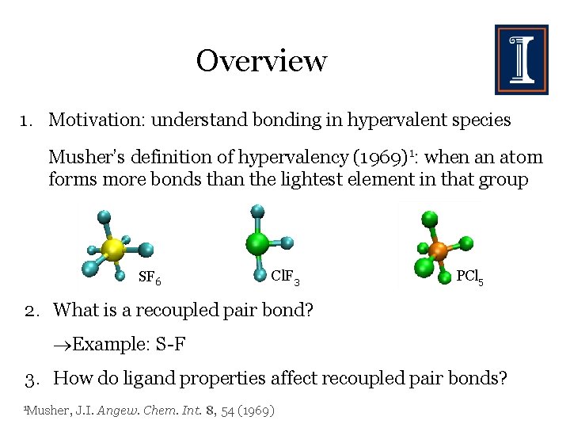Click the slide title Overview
[x=261, y=60]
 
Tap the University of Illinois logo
[x=521, y=59]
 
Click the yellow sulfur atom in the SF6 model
[x=113, y=249]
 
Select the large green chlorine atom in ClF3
[x=256, y=242]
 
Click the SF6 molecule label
[x=150, y=278]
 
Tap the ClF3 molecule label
[x=284, y=277]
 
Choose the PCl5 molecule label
[x=470, y=277]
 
